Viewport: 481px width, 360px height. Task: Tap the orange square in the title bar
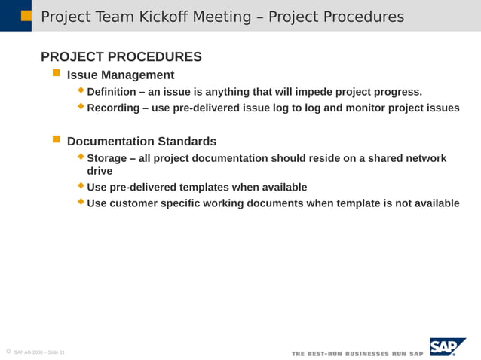click(26, 15)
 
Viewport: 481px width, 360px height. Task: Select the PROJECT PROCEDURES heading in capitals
click(121, 57)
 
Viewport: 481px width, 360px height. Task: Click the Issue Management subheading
click(121, 75)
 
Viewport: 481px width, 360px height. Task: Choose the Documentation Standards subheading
click(142, 142)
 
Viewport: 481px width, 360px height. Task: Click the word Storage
click(109, 158)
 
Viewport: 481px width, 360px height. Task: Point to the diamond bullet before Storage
click(82, 157)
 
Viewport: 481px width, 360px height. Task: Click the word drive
click(100, 171)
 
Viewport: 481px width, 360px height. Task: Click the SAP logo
click(447, 347)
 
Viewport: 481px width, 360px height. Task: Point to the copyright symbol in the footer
click(8, 352)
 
